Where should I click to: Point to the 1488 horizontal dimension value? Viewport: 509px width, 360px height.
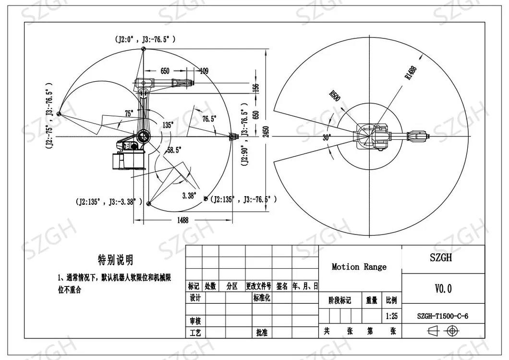point(182,220)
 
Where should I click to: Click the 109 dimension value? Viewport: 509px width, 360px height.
point(204,71)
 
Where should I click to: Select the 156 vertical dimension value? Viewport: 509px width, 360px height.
point(256,88)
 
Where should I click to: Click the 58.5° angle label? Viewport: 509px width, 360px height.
point(174,150)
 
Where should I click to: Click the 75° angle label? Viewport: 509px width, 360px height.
point(129,113)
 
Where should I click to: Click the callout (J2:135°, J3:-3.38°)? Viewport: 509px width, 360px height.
point(109,201)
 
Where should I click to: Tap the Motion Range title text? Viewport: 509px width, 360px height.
point(359,267)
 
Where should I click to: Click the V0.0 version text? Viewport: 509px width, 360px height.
point(443,289)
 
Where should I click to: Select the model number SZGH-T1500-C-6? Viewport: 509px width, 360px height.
point(442,316)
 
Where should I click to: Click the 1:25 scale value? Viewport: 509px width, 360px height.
point(391,317)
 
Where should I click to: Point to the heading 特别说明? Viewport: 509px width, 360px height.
point(116,261)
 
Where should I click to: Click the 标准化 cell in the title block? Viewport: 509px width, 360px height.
point(262,298)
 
